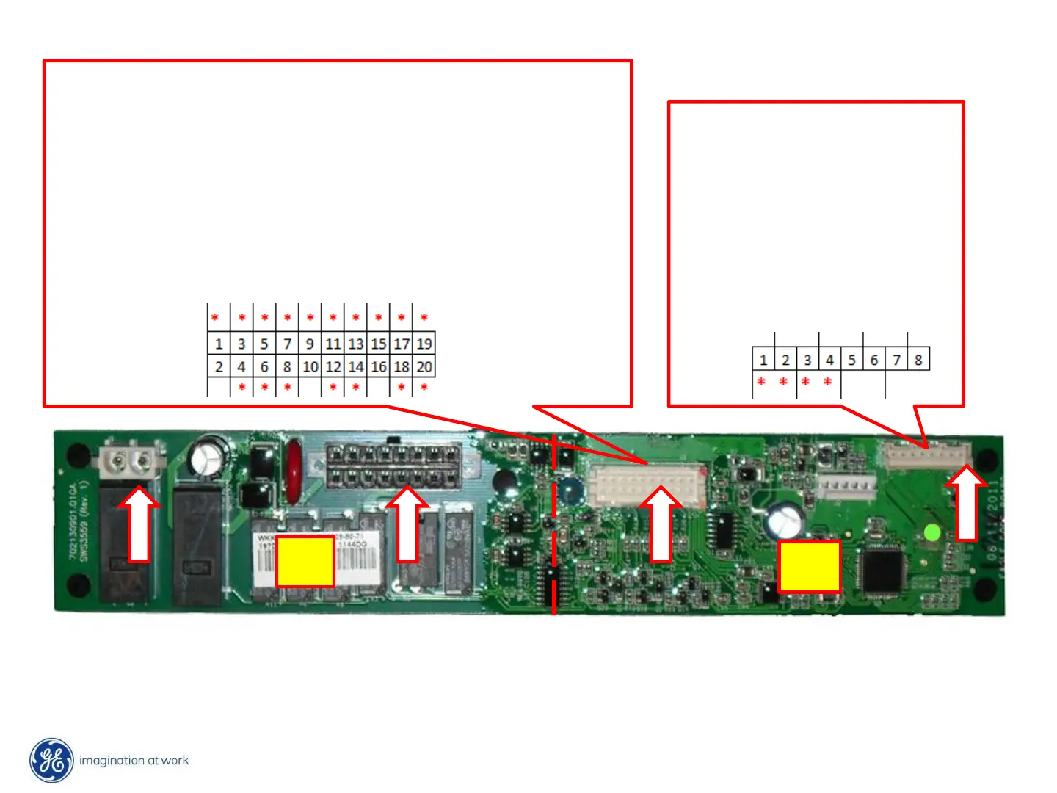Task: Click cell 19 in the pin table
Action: [424, 344]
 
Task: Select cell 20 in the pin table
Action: [424, 366]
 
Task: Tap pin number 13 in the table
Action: [356, 344]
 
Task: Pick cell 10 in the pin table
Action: [310, 366]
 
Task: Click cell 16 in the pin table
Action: [379, 366]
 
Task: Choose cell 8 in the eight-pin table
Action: [918, 360]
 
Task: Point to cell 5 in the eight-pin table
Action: [852, 360]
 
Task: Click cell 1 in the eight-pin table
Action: [763, 360]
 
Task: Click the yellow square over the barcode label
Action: [305, 561]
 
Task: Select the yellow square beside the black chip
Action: [810, 566]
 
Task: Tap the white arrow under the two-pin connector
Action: [138, 523]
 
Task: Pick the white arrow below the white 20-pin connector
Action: [661, 524]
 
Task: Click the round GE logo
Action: [51, 760]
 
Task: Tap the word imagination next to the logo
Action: [112, 761]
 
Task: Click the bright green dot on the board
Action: [932, 532]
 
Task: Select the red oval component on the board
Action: [293, 471]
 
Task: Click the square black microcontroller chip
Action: [882, 569]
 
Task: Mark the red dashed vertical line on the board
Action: [554, 525]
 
